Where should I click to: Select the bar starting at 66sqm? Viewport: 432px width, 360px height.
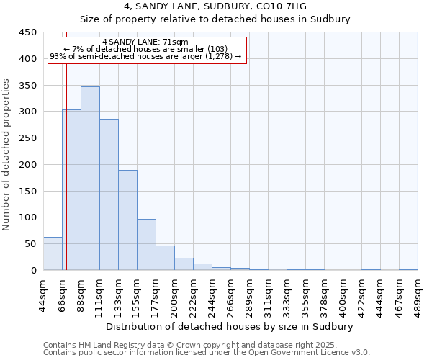click(x=71, y=190)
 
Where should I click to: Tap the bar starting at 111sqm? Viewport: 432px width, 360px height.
click(x=109, y=194)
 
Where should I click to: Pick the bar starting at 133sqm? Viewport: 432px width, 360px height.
click(x=127, y=220)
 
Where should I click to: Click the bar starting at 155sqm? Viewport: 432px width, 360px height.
click(x=146, y=245)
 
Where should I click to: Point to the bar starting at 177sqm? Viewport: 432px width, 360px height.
click(x=165, y=258)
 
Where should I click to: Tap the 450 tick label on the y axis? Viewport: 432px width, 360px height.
click(x=27, y=32)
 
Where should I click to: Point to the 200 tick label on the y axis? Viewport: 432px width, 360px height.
click(x=27, y=165)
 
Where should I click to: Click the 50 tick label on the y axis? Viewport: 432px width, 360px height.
click(x=30, y=244)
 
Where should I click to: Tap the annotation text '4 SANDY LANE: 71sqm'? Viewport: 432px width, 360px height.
click(x=145, y=42)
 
